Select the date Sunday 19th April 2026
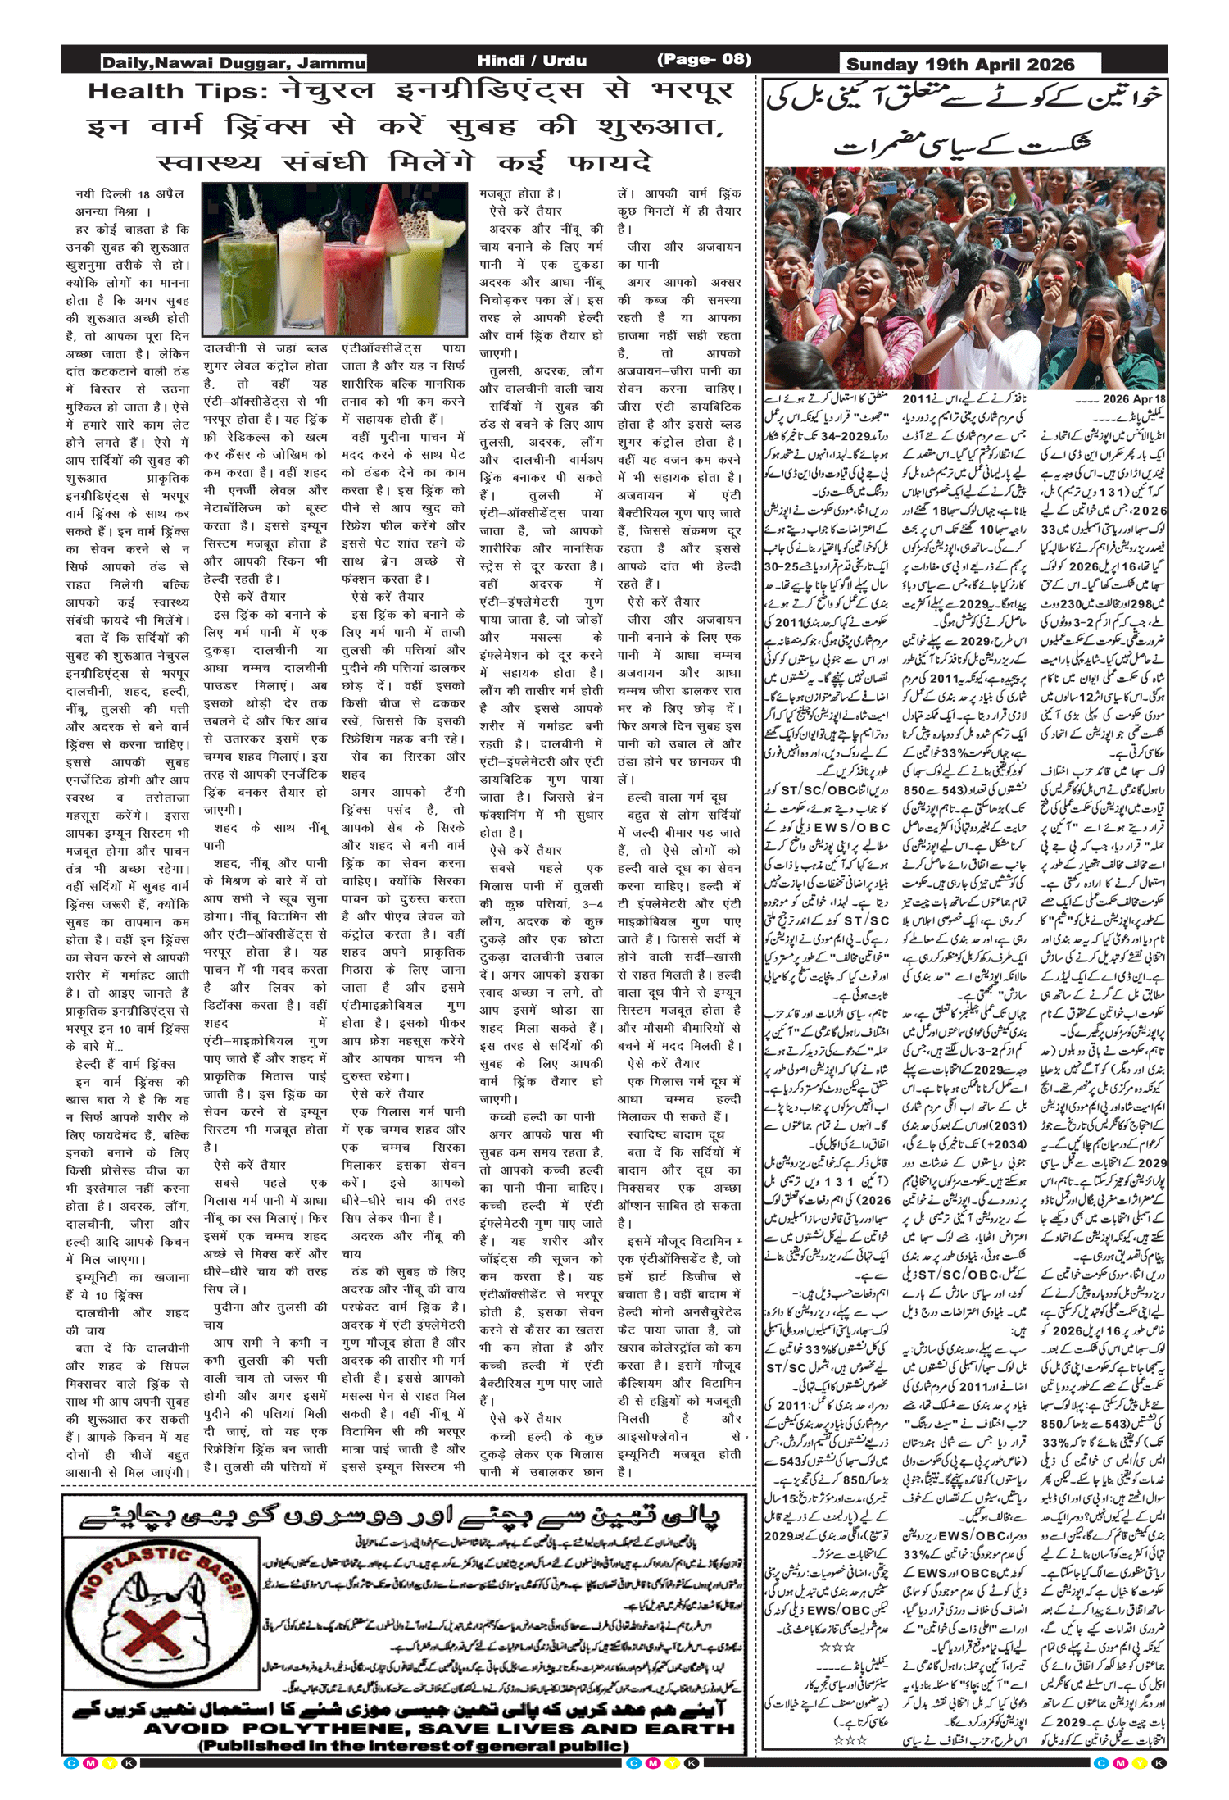point(959,65)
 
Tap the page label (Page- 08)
point(704,60)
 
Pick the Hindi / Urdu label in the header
point(532,61)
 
